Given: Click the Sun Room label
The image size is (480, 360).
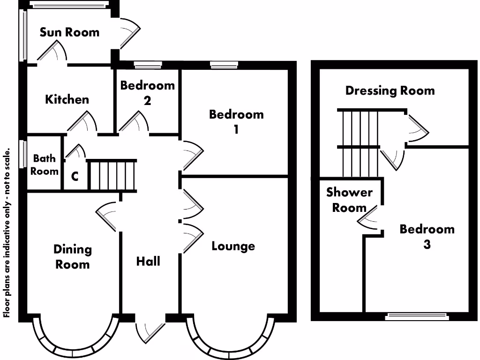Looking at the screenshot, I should click(x=69, y=32).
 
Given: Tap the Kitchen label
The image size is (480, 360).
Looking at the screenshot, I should click(x=67, y=99).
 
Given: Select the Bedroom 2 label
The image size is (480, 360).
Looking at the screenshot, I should click(x=147, y=93).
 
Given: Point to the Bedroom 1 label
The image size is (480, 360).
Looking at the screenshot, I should click(x=236, y=121).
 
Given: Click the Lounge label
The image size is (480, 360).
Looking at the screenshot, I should click(x=233, y=246).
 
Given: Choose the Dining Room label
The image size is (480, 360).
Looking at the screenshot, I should click(x=72, y=256).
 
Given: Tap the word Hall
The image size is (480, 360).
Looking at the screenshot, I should click(x=148, y=261).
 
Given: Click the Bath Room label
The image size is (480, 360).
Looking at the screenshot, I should click(x=44, y=165).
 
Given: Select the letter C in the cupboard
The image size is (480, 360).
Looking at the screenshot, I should click(x=75, y=177).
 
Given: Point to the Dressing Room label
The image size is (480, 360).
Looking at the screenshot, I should click(x=390, y=90).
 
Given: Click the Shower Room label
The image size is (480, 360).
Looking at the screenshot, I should click(x=349, y=200).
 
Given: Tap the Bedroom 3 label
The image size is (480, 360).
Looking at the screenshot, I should click(x=427, y=236).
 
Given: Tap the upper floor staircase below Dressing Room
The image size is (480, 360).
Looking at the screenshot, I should click(x=360, y=143).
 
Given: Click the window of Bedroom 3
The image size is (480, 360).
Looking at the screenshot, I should click(x=416, y=317).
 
